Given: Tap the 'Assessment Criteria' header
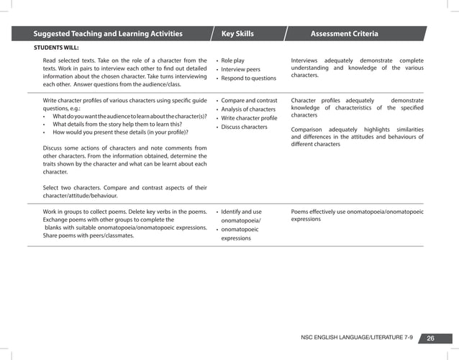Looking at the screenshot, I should coord(344,34).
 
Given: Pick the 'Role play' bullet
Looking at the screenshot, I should coord(233,60).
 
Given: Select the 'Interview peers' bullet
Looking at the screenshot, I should coord(241,69).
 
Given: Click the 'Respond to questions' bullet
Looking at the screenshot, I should coord(248,78).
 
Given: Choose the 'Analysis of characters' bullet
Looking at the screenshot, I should coord(248,109).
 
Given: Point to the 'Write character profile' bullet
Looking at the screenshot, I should coord(249,118).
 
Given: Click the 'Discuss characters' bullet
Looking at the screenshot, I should coord(244,127).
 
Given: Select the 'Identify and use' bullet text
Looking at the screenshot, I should coord(242,212).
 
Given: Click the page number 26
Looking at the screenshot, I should coord(431,339).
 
